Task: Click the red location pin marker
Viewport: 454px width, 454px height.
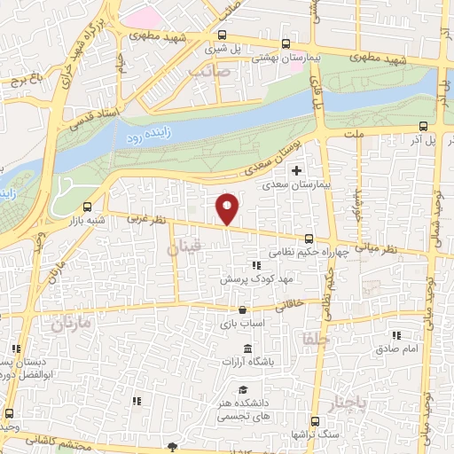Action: tap(228, 207)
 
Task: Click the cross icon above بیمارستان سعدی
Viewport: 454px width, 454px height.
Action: tap(296, 170)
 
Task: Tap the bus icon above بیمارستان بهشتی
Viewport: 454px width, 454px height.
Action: tap(285, 43)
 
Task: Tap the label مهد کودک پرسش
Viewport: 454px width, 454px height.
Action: tap(257, 279)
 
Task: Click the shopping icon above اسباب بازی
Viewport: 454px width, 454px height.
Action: tap(242, 310)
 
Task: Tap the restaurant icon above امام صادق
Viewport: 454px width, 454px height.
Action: tap(396, 334)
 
